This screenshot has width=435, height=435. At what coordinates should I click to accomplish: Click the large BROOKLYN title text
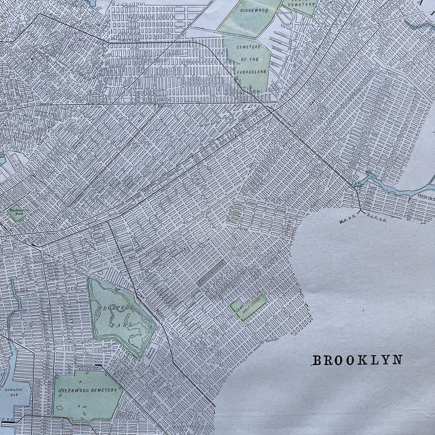(x=357, y=360)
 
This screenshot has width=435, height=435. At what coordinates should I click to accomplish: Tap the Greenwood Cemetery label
(x=87, y=390)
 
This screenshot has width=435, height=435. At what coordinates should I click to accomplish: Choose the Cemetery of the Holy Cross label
(x=248, y=307)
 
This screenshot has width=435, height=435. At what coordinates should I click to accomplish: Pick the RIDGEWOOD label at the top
(x=255, y=10)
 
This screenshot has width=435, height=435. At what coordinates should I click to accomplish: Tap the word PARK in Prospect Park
(x=119, y=323)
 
